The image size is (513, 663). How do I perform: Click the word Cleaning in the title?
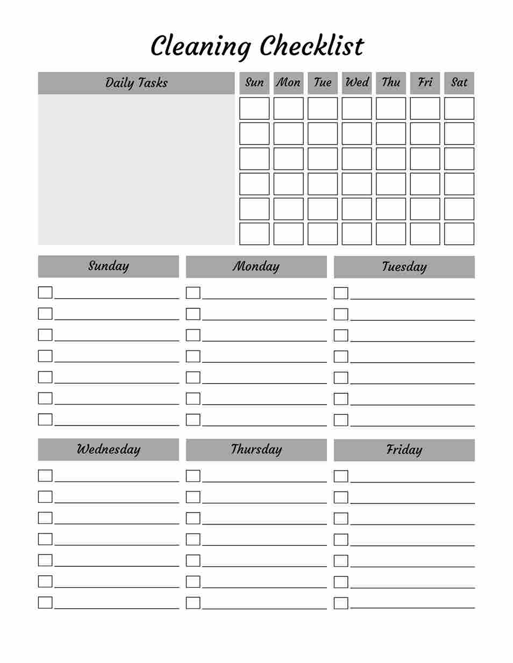coord(201,47)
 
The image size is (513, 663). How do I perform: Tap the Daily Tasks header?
coord(136,83)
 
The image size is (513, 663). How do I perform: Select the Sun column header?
coord(254,82)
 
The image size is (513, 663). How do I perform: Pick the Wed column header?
coord(357,82)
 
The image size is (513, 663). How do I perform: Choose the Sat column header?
coord(459,82)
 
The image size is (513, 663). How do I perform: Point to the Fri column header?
coord(425,82)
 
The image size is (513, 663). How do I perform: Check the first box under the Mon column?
coord(288,108)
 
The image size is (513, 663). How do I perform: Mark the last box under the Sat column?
coord(459,234)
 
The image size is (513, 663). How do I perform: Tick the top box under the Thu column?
coord(391,108)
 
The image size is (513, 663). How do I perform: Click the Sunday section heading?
coord(109,266)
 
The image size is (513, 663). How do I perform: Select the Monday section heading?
coord(256,266)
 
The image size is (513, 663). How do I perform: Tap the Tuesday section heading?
coord(404,267)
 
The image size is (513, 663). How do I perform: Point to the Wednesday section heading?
coord(109,450)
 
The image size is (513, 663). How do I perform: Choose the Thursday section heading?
coord(256,450)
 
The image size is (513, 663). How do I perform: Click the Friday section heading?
coord(404,450)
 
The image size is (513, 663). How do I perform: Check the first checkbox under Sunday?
coord(45,292)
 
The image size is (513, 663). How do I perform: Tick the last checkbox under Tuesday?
coord(341,420)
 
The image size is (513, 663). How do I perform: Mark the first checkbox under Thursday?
coord(193,475)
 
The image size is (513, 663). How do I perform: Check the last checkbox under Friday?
coord(341,603)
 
